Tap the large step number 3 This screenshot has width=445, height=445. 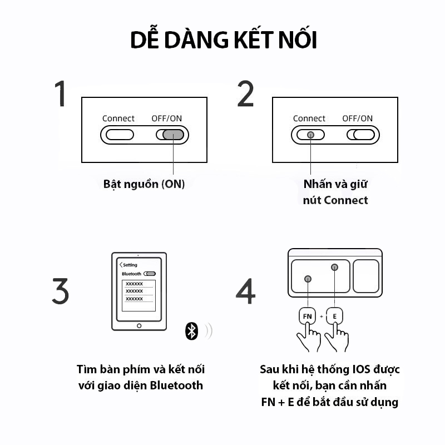click(60, 291)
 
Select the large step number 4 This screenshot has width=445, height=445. click(245, 291)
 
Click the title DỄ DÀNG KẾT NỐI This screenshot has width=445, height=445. click(223, 41)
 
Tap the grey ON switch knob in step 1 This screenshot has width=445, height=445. click(174, 135)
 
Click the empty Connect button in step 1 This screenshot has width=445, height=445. click(120, 135)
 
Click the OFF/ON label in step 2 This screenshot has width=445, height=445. click(357, 118)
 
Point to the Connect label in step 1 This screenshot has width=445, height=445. click(118, 118)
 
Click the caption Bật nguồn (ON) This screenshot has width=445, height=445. click(144, 184)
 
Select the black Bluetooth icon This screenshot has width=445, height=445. click(191, 331)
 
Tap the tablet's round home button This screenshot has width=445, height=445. click(139, 325)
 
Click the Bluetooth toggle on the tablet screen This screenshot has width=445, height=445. click(150, 274)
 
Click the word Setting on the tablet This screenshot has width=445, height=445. click(130, 265)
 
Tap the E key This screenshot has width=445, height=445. click(334, 317)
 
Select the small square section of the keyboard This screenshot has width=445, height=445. click(366, 276)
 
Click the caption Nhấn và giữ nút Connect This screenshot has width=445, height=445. click(335, 192)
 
